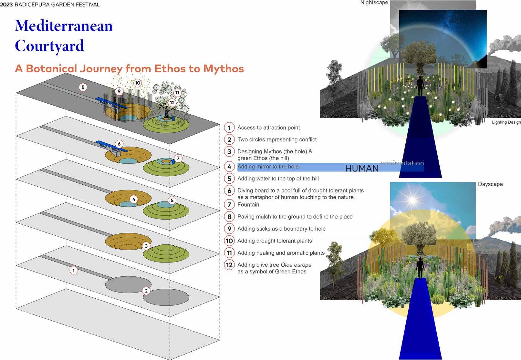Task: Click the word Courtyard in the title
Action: click(49, 46)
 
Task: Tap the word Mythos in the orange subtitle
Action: click(224, 68)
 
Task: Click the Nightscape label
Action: click(374, 3)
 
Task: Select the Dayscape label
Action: click(490, 184)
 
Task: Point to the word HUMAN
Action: click(362, 168)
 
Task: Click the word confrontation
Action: click(402, 163)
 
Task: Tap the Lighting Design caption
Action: click(506, 122)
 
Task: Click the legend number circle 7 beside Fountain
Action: click(229, 205)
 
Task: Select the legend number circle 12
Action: click(229, 265)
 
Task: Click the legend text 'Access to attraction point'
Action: click(268, 128)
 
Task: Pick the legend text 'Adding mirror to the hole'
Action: click(268, 167)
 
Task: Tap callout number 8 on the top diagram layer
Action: click(83, 87)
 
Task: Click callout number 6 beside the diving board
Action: click(119, 144)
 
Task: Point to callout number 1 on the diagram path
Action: click(74, 270)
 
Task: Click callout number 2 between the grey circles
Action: click(146, 291)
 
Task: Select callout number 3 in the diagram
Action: click(146, 246)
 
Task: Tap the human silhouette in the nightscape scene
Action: click(420, 86)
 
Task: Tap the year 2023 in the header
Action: click(6, 5)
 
